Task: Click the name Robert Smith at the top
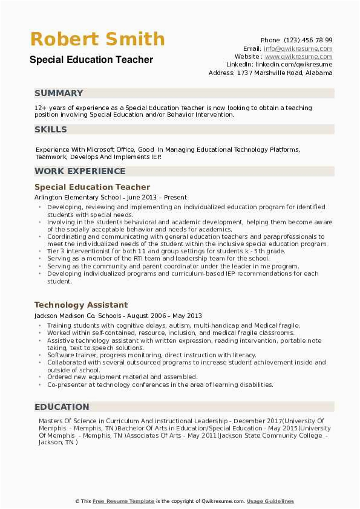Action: point(97,40)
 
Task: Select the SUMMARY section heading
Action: point(59,93)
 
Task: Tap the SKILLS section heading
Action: point(51,129)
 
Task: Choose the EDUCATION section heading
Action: point(62,407)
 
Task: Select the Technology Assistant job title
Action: point(81,305)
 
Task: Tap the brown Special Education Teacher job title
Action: point(92,187)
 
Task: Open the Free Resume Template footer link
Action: point(123,501)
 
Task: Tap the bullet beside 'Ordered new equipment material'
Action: point(40,377)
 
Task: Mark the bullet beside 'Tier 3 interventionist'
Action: point(40,251)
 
